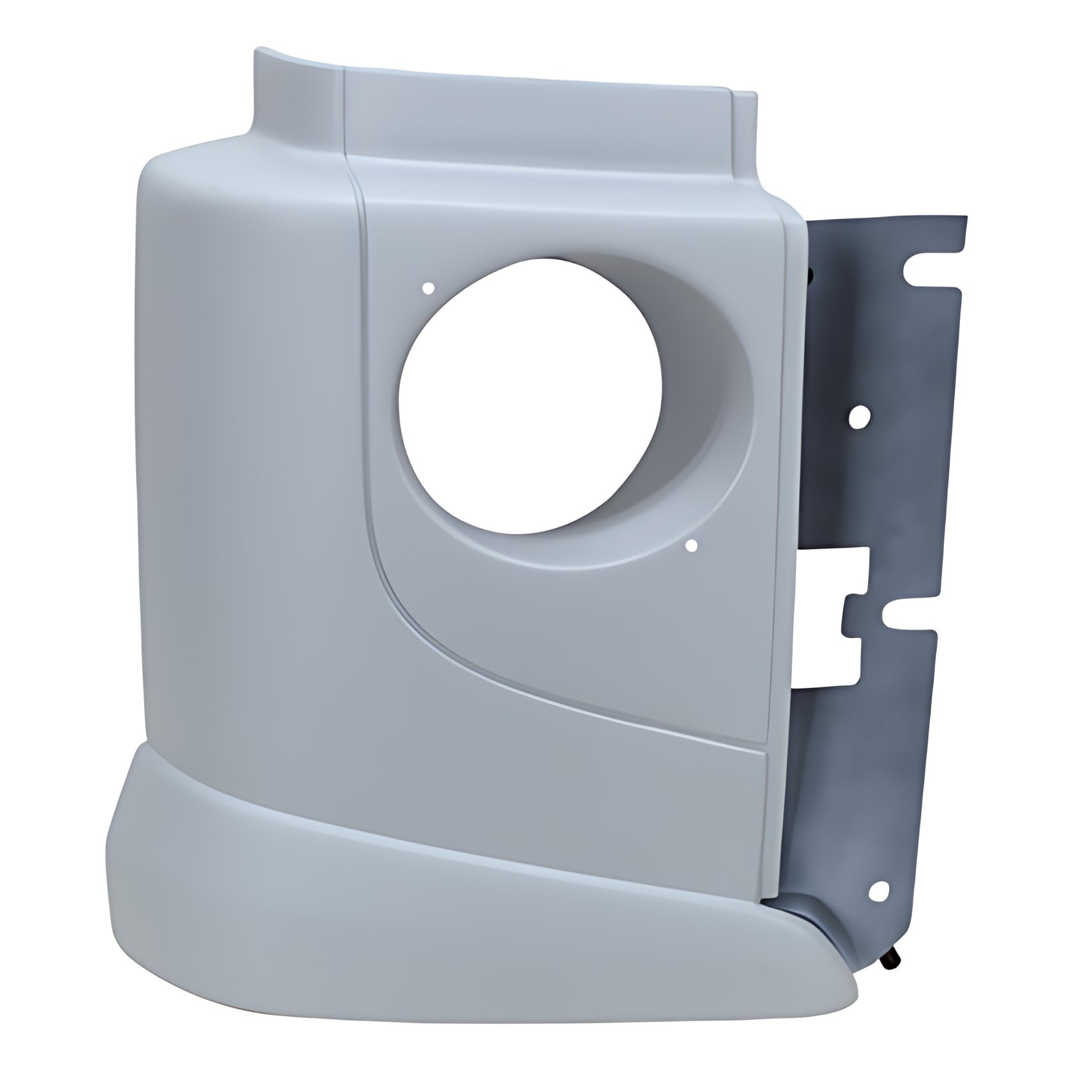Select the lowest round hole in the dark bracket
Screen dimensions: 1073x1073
pos(881,889)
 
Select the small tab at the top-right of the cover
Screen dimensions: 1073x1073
pos(745,102)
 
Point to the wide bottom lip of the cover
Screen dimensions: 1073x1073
pos(447,894)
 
